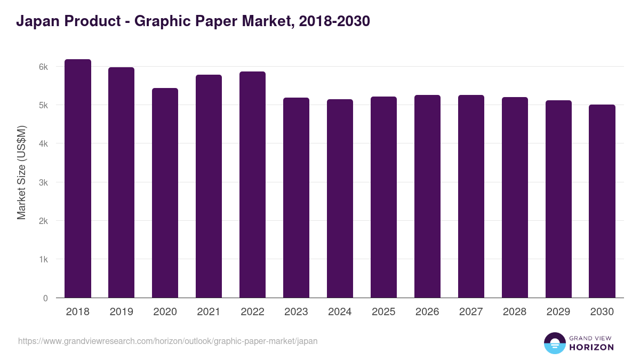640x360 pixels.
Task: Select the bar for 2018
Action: (x=78, y=179)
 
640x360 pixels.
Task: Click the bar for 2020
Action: (x=165, y=193)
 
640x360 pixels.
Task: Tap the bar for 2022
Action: (x=252, y=185)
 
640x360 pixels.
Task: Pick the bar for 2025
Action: (x=383, y=197)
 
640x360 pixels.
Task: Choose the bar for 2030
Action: (x=602, y=201)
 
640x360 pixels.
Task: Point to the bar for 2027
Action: (x=471, y=196)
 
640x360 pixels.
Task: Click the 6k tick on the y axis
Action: (x=43, y=67)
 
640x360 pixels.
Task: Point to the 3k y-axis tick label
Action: (x=43, y=183)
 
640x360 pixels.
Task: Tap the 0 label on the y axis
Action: (x=45, y=298)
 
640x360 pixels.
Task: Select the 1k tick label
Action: (x=43, y=260)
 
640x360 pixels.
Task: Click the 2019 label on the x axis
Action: (x=121, y=312)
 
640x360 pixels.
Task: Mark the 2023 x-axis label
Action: (x=296, y=312)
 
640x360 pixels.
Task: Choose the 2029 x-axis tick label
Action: (x=558, y=312)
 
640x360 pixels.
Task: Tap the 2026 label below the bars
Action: (x=427, y=312)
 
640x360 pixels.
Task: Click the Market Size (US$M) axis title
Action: (x=21, y=172)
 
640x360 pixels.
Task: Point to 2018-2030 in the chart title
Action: (x=334, y=21)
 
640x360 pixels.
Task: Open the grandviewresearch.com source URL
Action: (x=167, y=341)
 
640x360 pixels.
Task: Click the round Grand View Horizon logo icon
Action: (x=554, y=343)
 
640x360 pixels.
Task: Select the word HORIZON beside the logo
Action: (x=591, y=347)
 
